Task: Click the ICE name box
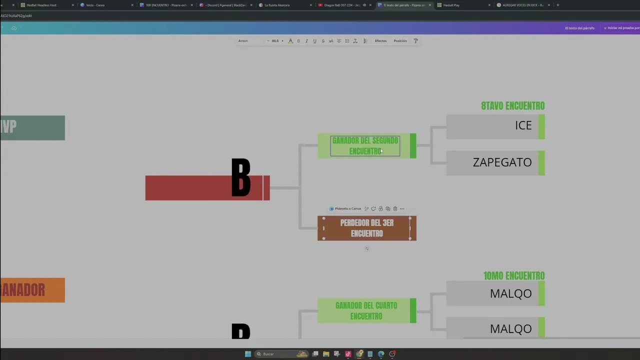tap(495, 126)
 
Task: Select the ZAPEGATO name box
tap(495, 163)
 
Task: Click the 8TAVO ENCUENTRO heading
tap(512, 106)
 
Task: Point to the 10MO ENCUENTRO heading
tap(513, 276)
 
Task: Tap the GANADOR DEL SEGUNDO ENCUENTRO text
tap(365, 145)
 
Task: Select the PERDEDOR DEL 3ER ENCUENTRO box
tap(366, 228)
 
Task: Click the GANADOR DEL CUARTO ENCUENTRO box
tap(366, 310)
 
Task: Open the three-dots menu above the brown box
tap(402, 208)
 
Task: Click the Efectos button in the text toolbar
tap(380, 41)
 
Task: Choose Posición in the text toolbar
tap(400, 41)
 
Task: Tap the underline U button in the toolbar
tap(314, 41)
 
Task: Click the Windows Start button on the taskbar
tap(248, 354)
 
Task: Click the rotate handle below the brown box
tap(366, 248)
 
